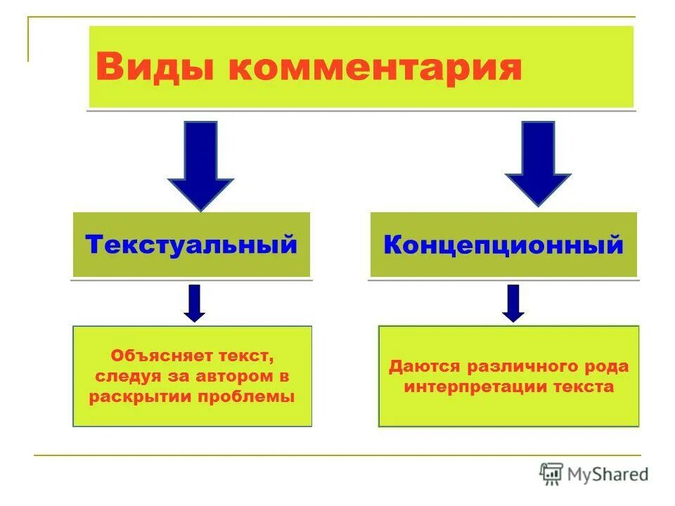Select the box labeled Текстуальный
(x=191, y=245)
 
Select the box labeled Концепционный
(x=503, y=245)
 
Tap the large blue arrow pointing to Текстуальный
(x=200, y=164)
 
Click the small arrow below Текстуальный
(x=195, y=303)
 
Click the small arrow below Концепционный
(x=514, y=303)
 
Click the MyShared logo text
(x=608, y=474)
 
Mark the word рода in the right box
(x=609, y=367)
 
